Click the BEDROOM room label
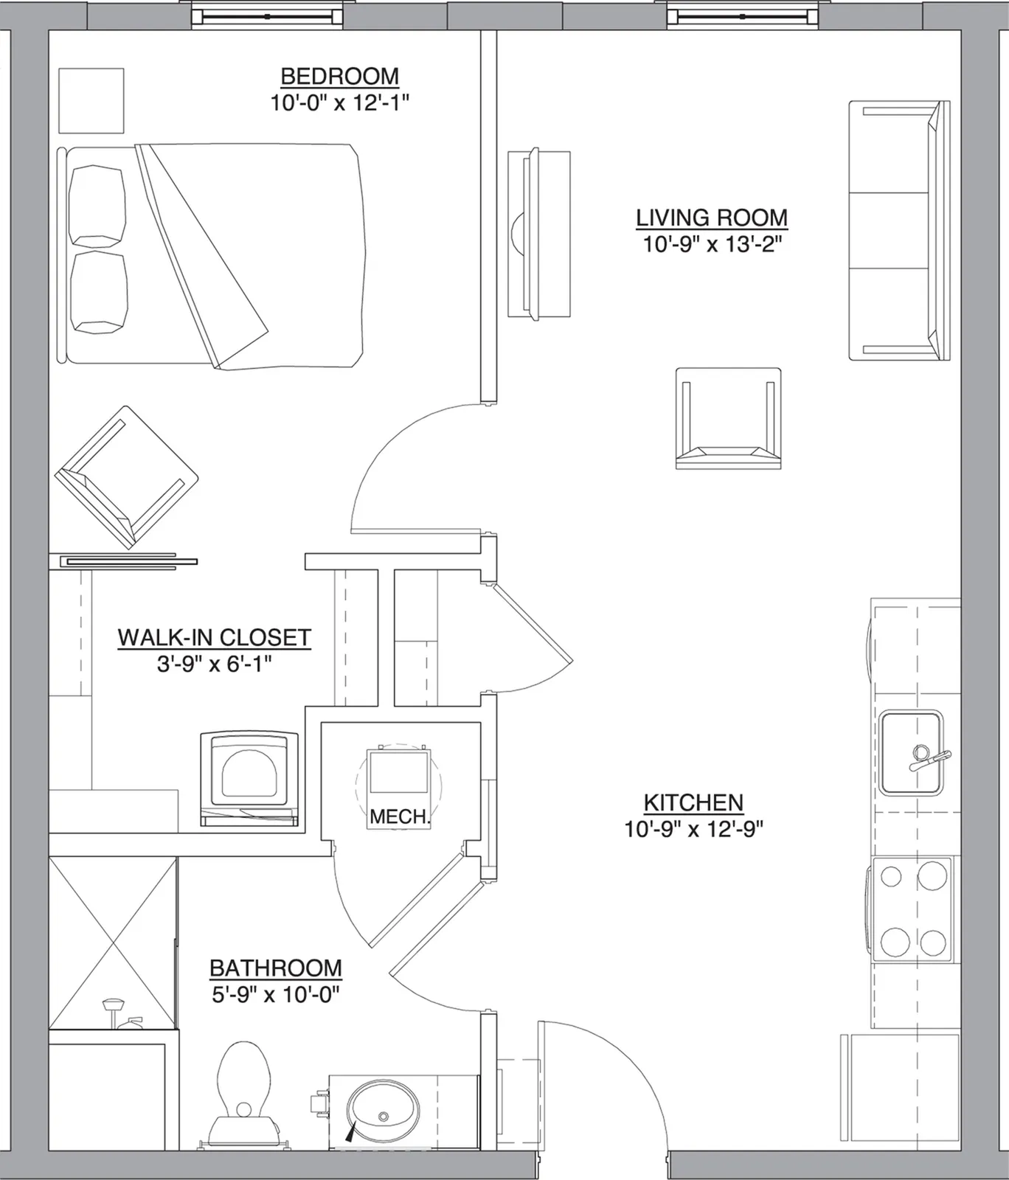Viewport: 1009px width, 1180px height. point(340,77)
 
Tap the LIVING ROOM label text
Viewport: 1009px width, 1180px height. point(712,218)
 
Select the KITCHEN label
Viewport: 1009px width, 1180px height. point(693,802)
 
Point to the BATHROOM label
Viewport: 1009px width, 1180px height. point(276,968)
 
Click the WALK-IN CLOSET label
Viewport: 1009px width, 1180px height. point(215,637)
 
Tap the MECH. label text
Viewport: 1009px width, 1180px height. point(400,817)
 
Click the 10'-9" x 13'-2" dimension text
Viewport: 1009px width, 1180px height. point(712,244)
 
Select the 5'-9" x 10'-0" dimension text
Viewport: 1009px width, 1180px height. point(276,995)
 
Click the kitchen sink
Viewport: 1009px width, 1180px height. point(912,753)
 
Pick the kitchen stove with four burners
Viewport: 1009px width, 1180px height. point(912,910)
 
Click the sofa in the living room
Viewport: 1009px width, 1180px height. point(899,230)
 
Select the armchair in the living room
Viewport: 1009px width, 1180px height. point(728,418)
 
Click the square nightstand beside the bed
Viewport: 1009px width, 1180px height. point(91,100)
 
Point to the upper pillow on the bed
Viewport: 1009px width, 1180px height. point(97,206)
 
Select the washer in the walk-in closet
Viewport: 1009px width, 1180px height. point(250,779)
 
